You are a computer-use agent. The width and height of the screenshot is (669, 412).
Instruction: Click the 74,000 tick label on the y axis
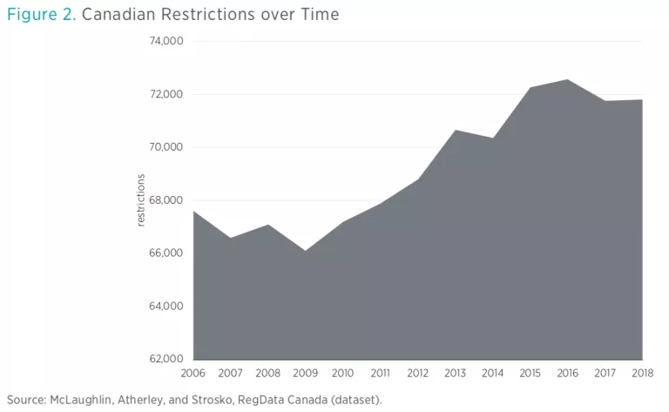coord(165,41)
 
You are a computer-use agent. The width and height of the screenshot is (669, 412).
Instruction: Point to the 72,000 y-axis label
coord(165,94)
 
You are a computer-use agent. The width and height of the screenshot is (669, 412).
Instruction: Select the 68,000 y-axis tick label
coord(165,200)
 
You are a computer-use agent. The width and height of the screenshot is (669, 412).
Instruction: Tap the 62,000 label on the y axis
coord(165,359)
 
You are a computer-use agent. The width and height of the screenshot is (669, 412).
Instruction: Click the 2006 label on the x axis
coord(193,373)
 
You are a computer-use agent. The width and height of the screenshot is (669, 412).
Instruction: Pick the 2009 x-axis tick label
coord(305,373)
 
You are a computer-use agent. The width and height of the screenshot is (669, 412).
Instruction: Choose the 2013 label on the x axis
coord(455,373)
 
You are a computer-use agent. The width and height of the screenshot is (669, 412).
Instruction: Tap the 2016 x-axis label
coord(567,373)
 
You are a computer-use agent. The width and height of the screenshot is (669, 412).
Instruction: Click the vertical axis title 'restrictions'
coord(141,200)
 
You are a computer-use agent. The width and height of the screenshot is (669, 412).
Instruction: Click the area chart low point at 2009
coord(305,251)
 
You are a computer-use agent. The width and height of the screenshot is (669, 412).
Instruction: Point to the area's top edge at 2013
coord(455,131)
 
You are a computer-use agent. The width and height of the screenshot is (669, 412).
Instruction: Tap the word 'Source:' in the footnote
coord(26,399)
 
